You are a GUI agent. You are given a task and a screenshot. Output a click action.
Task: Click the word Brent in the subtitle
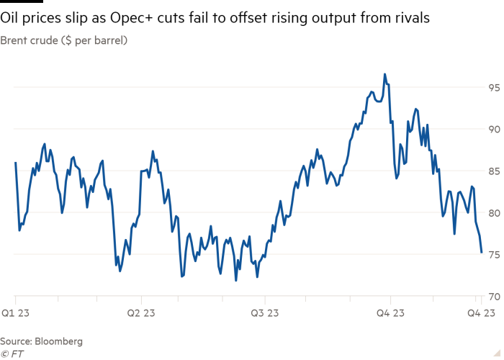click(x=14, y=41)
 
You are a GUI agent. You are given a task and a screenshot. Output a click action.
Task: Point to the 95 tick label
click(x=493, y=88)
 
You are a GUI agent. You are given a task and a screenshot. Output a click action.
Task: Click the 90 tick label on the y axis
click(x=493, y=130)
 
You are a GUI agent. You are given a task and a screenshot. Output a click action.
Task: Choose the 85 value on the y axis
click(x=493, y=171)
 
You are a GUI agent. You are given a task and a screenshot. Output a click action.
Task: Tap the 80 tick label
click(x=493, y=213)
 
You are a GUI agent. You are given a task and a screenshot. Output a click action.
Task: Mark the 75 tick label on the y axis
click(x=493, y=255)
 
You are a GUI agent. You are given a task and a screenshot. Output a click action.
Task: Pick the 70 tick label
click(x=493, y=297)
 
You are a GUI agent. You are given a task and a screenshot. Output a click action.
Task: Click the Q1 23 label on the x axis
click(x=14, y=312)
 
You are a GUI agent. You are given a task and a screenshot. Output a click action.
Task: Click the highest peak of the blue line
click(x=384, y=73)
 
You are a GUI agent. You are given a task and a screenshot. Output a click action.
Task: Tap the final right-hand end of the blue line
click(x=482, y=253)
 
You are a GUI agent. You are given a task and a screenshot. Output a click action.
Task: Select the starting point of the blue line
click(x=14, y=162)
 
